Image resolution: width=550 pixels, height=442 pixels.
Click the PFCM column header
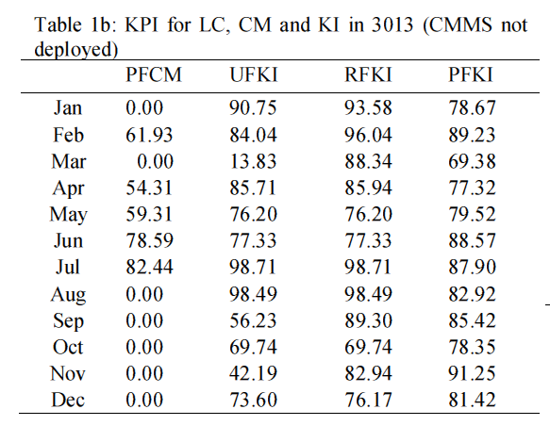coord(154,74)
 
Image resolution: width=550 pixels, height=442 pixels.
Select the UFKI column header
coord(254,74)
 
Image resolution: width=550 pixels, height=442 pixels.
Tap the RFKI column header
coord(368,74)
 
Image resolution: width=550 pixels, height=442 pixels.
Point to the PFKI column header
coord(471,74)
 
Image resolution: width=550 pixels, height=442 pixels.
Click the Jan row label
coord(68,107)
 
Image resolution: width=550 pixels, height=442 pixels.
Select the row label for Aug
coord(68,294)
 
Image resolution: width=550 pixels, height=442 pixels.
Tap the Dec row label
coord(68,400)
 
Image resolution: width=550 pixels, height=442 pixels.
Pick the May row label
coord(69,215)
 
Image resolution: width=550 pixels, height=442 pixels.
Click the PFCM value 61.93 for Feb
coord(149,135)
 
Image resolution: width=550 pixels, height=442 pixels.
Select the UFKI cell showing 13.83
coord(253,161)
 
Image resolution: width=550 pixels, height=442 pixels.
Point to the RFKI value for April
coord(368,188)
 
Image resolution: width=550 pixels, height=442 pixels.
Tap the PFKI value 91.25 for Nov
coord(472,373)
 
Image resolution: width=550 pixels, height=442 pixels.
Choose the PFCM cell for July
coord(149,267)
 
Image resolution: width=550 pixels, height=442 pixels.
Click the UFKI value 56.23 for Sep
coord(253,320)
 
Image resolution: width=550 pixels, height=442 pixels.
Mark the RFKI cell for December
coord(368,400)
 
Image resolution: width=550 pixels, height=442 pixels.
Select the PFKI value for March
coord(472,161)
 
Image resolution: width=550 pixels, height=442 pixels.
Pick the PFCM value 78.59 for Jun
coord(149,240)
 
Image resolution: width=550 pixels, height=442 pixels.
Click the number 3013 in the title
coord(392,25)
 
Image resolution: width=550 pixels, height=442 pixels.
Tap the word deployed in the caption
coord(75,49)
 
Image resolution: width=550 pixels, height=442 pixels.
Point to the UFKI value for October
coord(253,347)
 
